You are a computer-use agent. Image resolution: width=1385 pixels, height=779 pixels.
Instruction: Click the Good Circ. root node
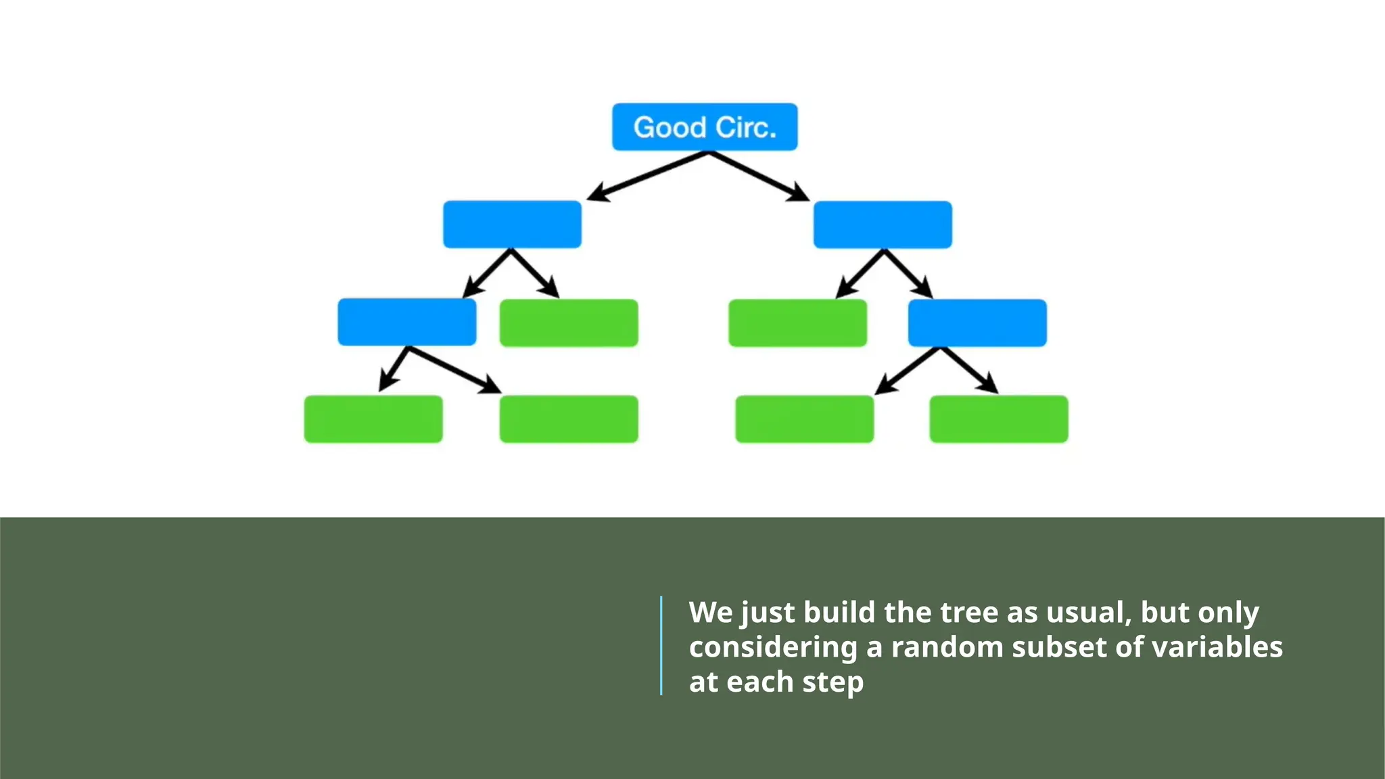pos(705,127)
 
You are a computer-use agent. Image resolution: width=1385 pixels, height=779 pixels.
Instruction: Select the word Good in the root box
pos(670,127)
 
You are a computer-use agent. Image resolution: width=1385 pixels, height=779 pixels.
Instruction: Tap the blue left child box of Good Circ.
pos(512,225)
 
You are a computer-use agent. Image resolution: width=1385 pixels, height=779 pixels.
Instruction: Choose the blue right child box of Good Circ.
pos(883,225)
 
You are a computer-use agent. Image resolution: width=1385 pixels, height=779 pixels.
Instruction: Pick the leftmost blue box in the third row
pos(406,323)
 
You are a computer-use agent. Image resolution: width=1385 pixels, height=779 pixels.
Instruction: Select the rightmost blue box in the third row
pos(977,323)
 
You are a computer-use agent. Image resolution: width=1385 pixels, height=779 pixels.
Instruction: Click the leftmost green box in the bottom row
pos(373,419)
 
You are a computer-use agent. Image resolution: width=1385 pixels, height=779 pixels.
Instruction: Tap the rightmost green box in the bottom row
pos(999,419)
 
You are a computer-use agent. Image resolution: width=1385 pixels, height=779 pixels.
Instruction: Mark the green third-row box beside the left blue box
pos(569,323)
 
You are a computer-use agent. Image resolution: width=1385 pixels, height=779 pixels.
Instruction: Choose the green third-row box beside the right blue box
pos(797,323)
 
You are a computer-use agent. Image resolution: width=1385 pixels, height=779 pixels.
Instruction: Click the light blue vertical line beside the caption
pos(661,645)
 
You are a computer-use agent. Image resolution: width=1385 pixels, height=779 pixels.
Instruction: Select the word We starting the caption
pos(711,613)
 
